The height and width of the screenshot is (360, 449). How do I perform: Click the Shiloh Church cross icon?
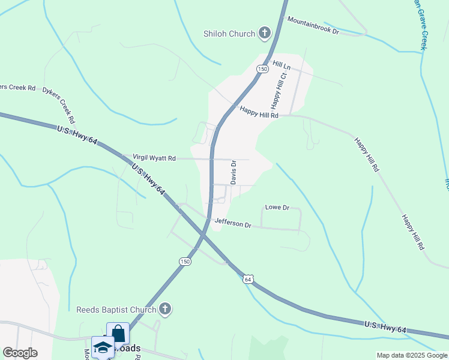pos(264,34)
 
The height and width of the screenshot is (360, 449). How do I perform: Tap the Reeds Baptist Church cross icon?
pos(165,310)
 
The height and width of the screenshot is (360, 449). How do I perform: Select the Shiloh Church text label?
pos(229,34)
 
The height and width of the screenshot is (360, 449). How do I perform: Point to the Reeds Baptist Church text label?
pos(116,310)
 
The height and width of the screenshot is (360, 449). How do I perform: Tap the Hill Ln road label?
pos(282,64)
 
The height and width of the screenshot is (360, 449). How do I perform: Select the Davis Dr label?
pos(234,172)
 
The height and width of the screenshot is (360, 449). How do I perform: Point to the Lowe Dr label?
pos(277,208)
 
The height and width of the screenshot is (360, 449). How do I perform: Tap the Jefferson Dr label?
pos(233,224)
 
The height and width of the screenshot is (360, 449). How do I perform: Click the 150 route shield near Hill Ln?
pos(262,70)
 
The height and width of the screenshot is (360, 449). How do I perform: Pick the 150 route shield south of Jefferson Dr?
pos(185,261)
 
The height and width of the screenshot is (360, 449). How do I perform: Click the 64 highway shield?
pos(249,279)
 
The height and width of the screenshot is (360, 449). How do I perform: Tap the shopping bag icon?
pos(118,334)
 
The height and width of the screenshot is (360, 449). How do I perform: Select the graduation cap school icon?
pos(103,347)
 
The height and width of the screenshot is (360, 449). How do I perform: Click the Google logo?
pos(20,353)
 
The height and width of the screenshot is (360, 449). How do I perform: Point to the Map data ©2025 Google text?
pos(412,355)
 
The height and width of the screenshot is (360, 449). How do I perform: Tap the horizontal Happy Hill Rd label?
pos(259,112)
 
